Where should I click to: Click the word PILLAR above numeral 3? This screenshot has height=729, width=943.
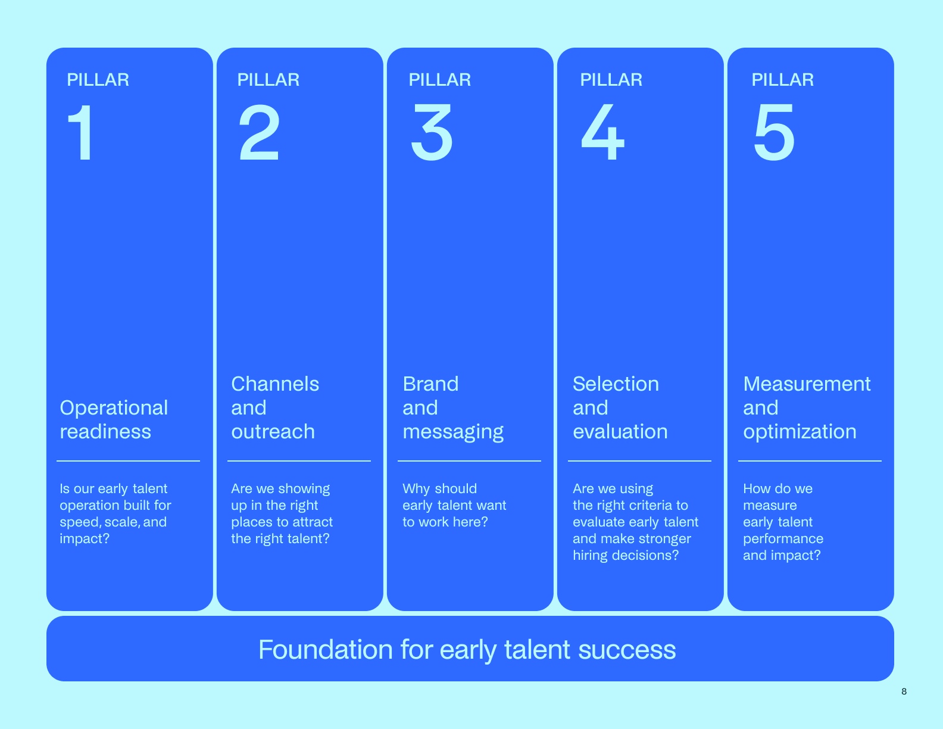pyautogui.click(x=439, y=80)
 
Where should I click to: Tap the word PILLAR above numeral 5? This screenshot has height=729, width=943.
pyautogui.click(x=782, y=80)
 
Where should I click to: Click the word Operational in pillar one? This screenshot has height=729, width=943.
pyautogui.click(x=114, y=408)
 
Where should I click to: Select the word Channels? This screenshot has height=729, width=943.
pyautogui.click(x=275, y=384)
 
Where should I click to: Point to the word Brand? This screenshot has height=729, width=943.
pyautogui.click(x=430, y=384)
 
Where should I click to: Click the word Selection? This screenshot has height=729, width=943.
pyautogui.click(x=616, y=384)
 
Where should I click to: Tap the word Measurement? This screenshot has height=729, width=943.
pyautogui.click(x=807, y=384)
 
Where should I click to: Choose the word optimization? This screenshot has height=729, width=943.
pyautogui.click(x=800, y=432)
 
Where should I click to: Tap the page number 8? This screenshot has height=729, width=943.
pyautogui.click(x=904, y=691)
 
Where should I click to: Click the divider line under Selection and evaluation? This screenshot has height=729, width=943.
pyautogui.click(x=639, y=461)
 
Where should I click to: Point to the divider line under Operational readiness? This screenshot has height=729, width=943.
pyautogui.click(x=128, y=461)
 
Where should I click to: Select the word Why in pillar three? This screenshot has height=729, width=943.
pyautogui.click(x=416, y=489)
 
